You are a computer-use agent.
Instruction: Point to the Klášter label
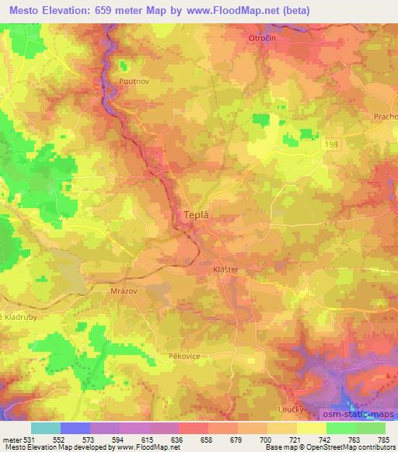pos(225,270)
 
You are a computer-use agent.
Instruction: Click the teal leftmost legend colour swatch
pos(45,428)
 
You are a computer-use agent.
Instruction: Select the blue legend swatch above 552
pos(75,428)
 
